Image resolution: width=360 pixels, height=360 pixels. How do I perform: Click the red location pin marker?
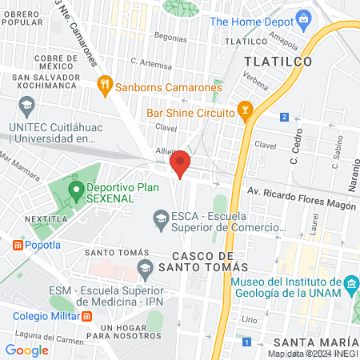pos(180,163)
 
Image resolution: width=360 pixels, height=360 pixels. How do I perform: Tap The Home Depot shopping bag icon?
pos(303,17)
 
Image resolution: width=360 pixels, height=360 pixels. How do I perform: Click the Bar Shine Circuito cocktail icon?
pos(245,113)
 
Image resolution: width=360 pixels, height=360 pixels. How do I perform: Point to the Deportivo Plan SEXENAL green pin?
pos(76,190)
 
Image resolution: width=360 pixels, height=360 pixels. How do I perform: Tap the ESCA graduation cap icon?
pos(161,218)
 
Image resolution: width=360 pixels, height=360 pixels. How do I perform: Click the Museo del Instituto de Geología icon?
pos(350,285)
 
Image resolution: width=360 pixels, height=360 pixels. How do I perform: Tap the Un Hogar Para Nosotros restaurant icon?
pos(89,316)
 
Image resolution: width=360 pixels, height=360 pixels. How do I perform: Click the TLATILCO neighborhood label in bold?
pos(277,60)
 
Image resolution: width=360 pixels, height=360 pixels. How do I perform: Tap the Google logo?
pos(27,350)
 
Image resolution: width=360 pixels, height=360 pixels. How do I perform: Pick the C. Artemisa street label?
pos(150,62)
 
